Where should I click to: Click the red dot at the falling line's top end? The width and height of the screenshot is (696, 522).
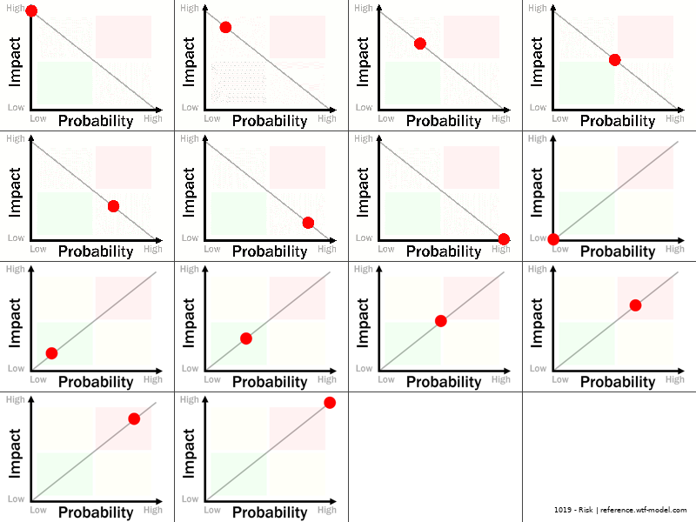click(31, 10)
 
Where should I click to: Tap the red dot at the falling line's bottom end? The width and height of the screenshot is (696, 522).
click(504, 239)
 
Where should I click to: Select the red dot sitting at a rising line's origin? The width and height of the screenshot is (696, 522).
click(553, 239)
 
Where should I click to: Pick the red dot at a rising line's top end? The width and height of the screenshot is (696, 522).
click(330, 402)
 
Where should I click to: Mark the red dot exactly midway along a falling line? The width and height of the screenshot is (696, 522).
click(614, 60)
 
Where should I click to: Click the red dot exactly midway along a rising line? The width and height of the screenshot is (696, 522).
click(440, 321)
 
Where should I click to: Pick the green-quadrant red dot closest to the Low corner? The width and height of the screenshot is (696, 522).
click(51, 352)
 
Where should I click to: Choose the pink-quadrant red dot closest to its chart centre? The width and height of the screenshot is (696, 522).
click(635, 304)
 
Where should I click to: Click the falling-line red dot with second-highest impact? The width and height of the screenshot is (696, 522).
click(225, 27)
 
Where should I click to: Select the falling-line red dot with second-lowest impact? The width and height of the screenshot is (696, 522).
click(308, 223)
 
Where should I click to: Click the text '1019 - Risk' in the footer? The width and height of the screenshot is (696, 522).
click(573, 510)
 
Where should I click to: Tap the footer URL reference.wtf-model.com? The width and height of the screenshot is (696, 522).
click(644, 510)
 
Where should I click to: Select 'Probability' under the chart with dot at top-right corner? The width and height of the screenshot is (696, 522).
click(270, 512)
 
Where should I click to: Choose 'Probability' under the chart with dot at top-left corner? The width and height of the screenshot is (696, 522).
click(96, 121)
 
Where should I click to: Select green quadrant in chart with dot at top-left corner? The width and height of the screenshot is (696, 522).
click(64, 84)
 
